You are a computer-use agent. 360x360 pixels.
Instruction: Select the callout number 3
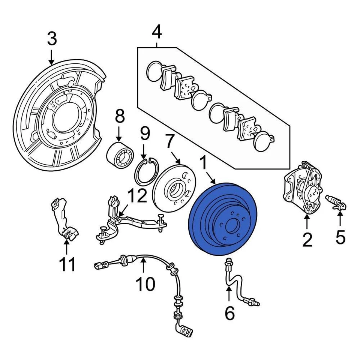click(x=52, y=39)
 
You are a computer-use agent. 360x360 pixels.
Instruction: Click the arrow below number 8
click(x=119, y=133)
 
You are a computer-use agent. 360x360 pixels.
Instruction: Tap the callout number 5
click(x=340, y=237)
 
